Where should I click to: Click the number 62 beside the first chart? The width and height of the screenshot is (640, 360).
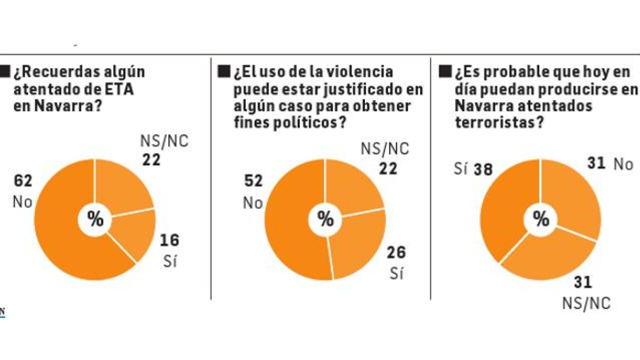point(23,181)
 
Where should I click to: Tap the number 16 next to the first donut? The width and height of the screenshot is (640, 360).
point(169,240)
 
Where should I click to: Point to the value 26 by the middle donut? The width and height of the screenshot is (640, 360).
point(396,252)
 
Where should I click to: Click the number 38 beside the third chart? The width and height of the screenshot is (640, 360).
point(483,170)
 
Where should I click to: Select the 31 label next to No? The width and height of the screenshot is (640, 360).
point(596,164)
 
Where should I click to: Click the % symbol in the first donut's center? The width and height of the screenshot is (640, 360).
point(95,219)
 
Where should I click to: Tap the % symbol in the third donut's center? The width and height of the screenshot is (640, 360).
point(541,219)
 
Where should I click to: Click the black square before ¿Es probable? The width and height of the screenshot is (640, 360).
point(445,72)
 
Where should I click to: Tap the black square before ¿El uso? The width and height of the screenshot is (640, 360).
point(224,72)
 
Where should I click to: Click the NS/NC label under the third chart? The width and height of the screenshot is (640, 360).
point(586,304)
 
